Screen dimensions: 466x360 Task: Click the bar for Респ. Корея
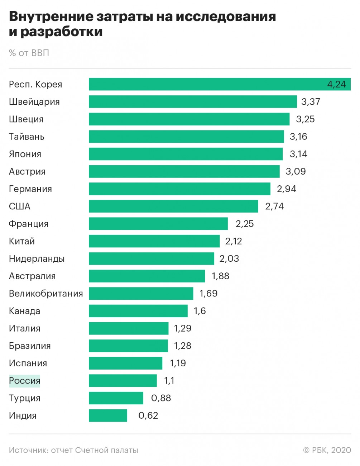[208, 84]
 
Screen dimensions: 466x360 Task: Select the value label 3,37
[311, 102]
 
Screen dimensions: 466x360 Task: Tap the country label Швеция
[26, 119]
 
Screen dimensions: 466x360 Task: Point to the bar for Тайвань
[186, 137]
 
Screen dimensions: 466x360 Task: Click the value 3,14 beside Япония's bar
[298, 154]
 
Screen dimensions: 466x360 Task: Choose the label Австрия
[27, 172]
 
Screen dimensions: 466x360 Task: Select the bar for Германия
[179, 189]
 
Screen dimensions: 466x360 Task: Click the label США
[20, 206]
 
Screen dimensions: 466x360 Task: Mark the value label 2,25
[245, 224]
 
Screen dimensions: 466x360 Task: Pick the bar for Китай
[154, 241]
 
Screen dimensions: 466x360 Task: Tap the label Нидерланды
[37, 259]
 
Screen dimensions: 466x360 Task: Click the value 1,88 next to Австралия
[220, 276]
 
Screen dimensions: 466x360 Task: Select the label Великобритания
[46, 294]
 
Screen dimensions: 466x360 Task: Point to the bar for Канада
[138, 311]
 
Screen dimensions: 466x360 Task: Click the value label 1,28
[183, 346]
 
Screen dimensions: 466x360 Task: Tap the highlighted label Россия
[25, 381]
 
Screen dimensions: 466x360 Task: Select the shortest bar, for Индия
[108, 415]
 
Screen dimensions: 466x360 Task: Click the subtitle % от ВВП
[29, 53]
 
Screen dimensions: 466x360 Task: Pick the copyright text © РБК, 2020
[327, 450]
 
